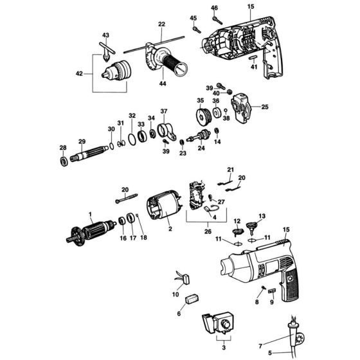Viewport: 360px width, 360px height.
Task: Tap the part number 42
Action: pyautogui.click(x=79, y=74)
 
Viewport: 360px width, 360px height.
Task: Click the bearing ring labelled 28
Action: pyautogui.click(x=64, y=161)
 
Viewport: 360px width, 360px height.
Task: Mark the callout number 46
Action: pyautogui.click(x=215, y=8)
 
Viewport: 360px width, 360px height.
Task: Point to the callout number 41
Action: pyautogui.click(x=254, y=67)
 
